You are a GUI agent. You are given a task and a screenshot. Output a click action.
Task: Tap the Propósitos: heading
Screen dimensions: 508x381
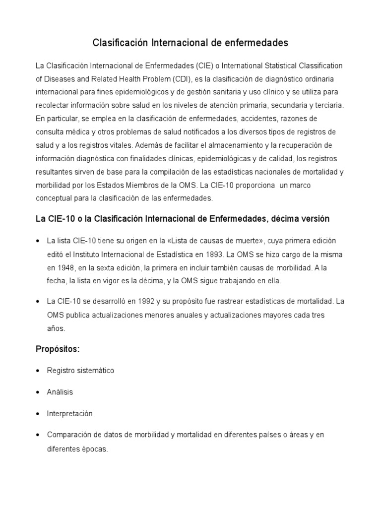(58, 349)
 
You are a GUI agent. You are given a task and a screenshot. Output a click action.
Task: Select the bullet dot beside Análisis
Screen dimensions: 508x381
(38, 392)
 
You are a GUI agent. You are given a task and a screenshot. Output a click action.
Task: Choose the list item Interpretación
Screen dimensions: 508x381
(70, 414)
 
